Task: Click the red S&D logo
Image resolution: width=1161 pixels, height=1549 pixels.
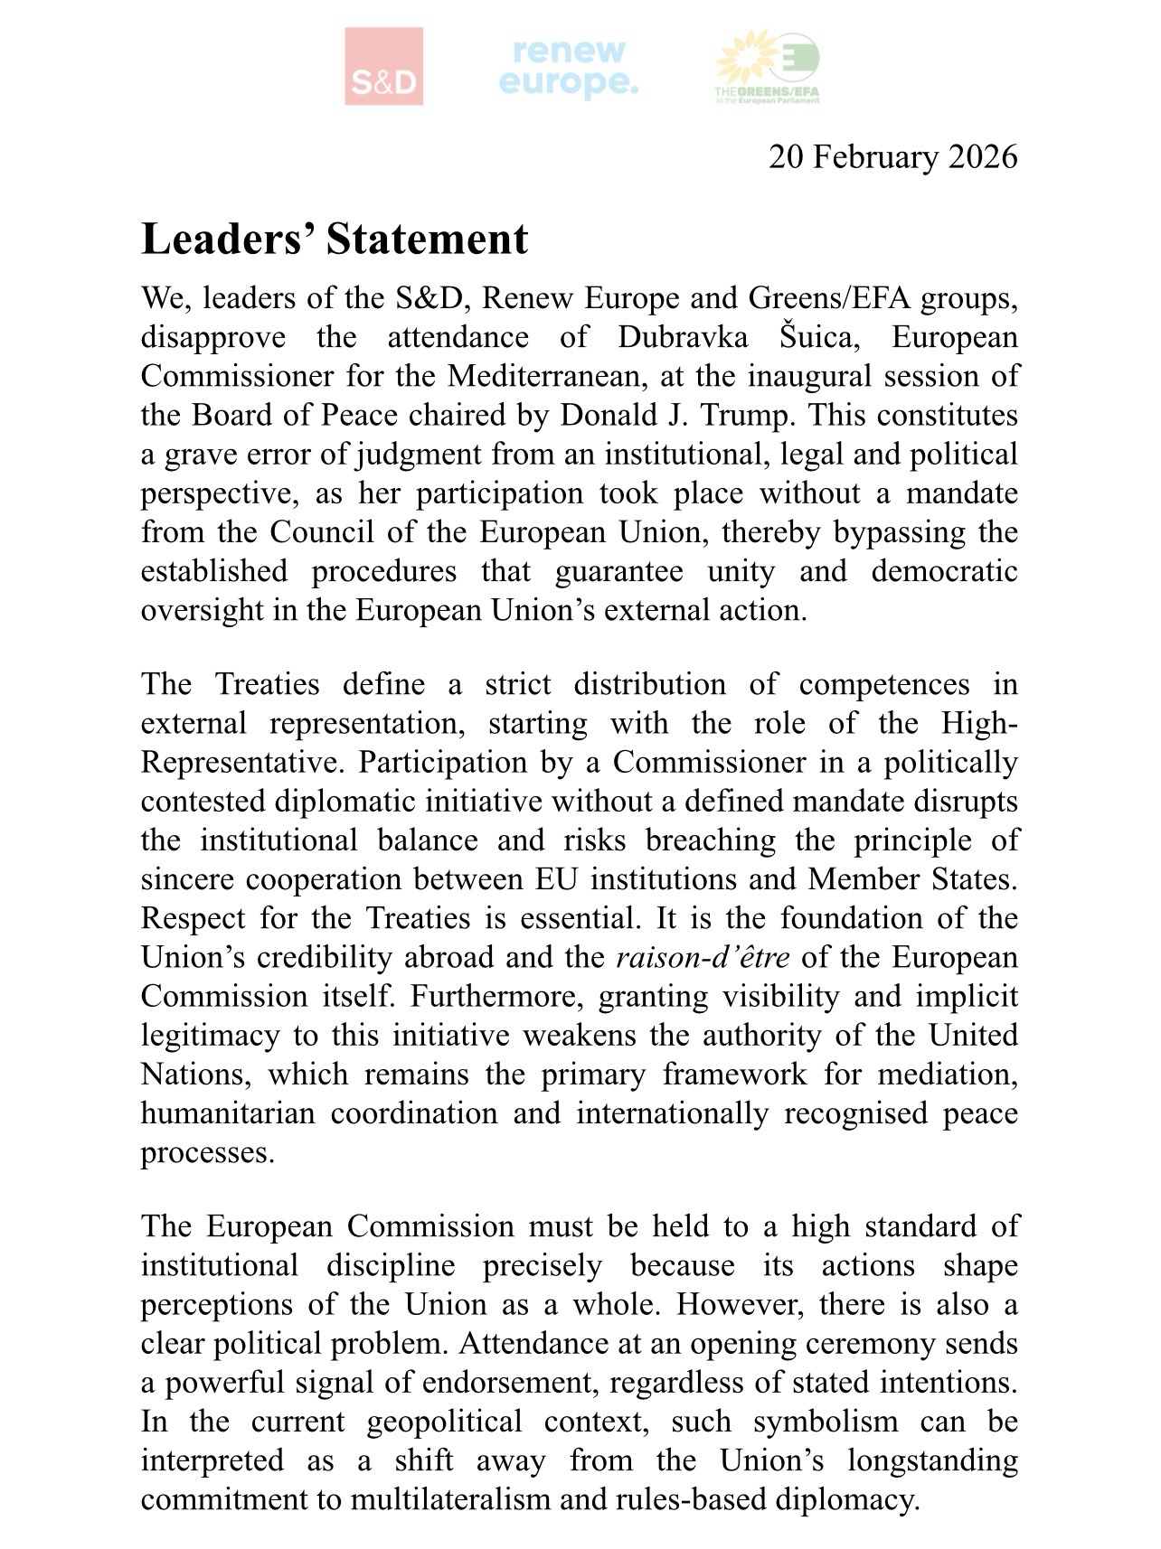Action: (x=383, y=66)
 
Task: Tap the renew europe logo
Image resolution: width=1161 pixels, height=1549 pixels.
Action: (x=569, y=68)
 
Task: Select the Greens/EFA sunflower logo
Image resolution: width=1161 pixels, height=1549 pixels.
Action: (x=768, y=68)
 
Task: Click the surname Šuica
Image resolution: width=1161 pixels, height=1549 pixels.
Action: (x=826, y=337)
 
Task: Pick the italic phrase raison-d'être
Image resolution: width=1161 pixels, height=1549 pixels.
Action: (x=703, y=957)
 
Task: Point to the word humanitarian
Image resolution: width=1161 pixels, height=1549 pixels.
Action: (x=228, y=1112)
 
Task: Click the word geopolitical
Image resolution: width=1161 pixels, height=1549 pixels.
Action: (x=444, y=1422)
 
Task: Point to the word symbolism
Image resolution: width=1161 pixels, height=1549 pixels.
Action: (x=826, y=1422)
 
